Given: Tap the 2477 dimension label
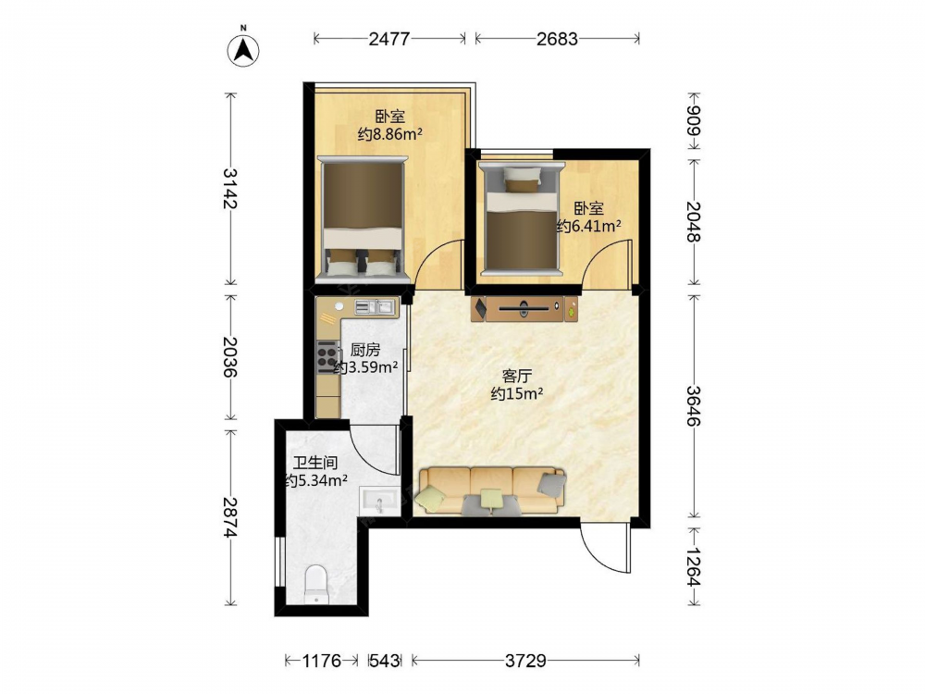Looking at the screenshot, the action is pyautogui.click(x=388, y=39).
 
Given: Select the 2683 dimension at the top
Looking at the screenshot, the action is pyautogui.click(x=557, y=39).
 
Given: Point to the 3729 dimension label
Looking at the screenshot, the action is pyautogui.click(x=525, y=661).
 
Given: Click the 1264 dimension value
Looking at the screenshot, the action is pyautogui.click(x=693, y=568).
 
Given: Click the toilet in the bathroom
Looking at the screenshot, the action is pyautogui.click(x=316, y=584).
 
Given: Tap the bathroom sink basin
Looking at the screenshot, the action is pyautogui.click(x=379, y=501).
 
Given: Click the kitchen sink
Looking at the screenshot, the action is pyautogui.click(x=374, y=307).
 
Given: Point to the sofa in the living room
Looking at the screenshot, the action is pyautogui.click(x=491, y=491).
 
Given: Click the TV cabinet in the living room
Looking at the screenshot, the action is pyautogui.click(x=524, y=309).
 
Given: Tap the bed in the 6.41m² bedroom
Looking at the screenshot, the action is pyautogui.click(x=520, y=219).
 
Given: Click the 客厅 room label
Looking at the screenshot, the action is pyautogui.click(x=517, y=376).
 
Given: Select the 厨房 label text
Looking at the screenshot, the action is pyautogui.click(x=365, y=350).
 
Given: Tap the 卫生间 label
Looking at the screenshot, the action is pyautogui.click(x=315, y=464).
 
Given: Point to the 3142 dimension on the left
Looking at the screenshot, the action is pyautogui.click(x=230, y=188).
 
